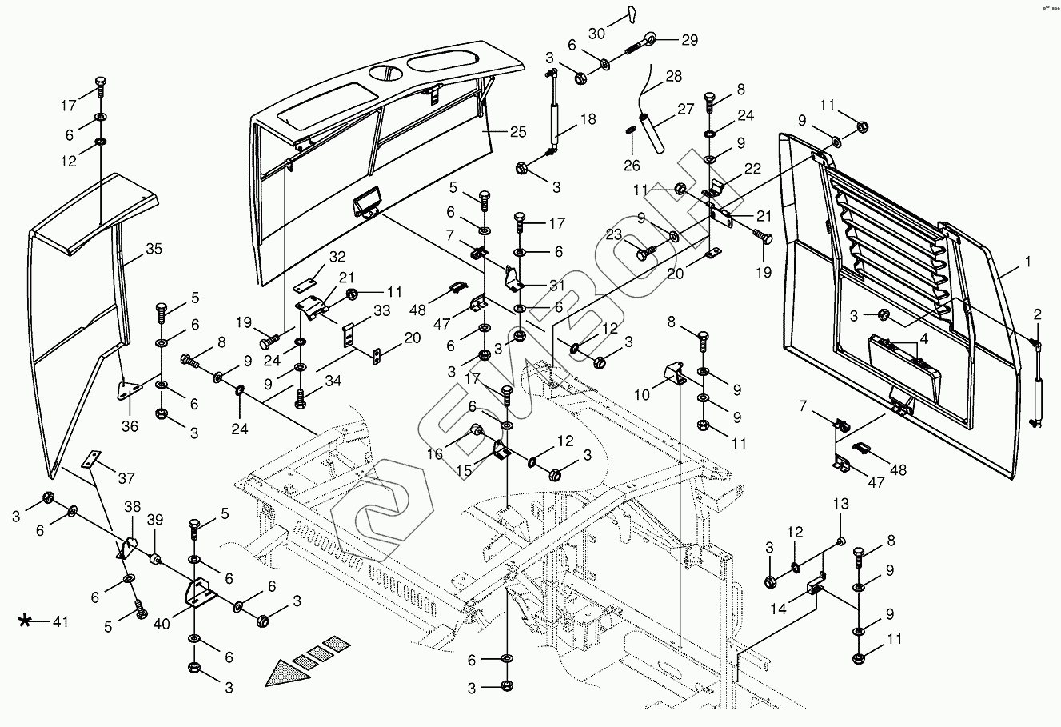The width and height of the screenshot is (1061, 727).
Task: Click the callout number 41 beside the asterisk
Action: pyautogui.click(x=61, y=621)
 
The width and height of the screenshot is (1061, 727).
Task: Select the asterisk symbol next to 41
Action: pyautogui.click(x=26, y=621)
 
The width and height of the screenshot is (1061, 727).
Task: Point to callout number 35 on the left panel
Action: pyautogui.click(x=154, y=249)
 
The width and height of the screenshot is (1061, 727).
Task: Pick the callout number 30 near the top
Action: pyautogui.click(x=596, y=34)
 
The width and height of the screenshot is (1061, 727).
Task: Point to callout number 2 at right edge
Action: pyautogui.click(x=1037, y=314)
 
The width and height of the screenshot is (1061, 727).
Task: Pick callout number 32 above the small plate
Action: pyautogui.click(x=337, y=257)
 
